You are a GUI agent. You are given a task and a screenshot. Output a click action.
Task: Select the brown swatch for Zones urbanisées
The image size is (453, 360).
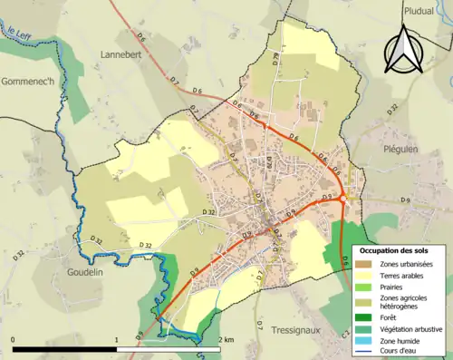[x=366, y=263]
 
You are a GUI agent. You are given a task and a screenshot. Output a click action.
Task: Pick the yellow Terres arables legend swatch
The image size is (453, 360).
[x=366, y=275]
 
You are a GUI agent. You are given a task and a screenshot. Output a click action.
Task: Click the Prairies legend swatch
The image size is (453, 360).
[x=366, y=287]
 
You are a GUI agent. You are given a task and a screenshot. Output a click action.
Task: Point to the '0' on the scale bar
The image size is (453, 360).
[x=13, y=339]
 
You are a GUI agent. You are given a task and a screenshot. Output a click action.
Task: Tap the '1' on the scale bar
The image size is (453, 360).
[x=116, y=339]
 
